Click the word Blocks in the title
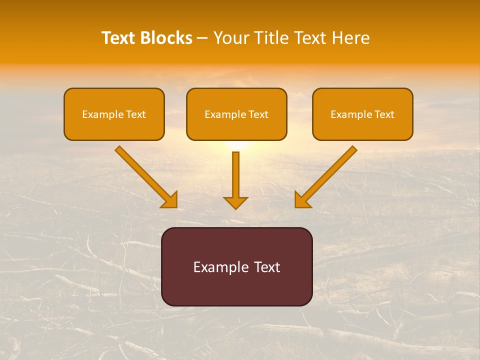[x=165, y=38]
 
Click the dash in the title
[x=202, y=38]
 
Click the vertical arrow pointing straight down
[x=235, y=177]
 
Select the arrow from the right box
[x=327, y=175]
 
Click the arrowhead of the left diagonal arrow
[x=169, y=200]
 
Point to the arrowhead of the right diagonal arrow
[x=302, y=200]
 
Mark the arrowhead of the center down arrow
[x=235, y=202]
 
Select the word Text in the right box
[x=384, y=114]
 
